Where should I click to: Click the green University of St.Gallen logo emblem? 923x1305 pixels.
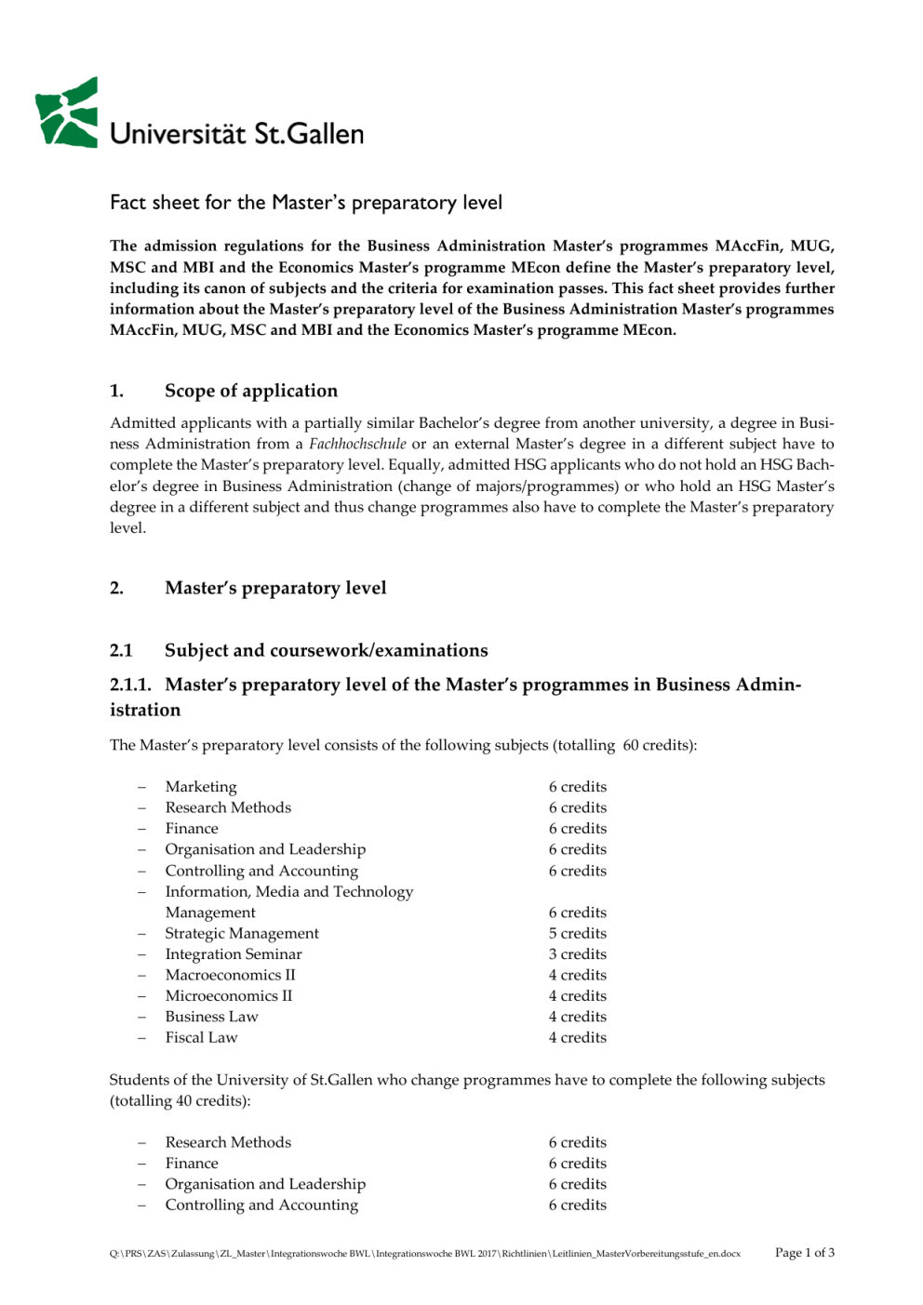(67, 113)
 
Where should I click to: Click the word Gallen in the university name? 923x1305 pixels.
(325, 134)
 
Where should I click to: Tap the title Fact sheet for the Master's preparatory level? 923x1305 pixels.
(305, 203)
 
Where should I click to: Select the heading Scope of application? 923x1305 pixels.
(250, 391)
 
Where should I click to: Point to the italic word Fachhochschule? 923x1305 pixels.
(357, 444)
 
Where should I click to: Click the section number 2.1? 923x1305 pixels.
(121, 650)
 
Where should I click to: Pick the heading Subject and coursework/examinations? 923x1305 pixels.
(326, 650)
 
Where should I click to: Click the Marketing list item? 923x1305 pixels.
(201, 787)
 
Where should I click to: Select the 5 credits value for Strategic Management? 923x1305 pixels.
(577, 933)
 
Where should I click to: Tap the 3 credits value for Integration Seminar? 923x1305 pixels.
(577, 954)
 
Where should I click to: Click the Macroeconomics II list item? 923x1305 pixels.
(230, 975)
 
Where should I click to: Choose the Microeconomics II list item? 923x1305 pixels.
(228, 995)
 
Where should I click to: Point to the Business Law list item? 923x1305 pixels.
(211, 1017)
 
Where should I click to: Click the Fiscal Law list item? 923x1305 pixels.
(201, 1037)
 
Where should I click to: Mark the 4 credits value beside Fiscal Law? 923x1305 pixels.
(577, 1037)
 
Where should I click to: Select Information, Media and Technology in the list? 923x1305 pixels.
(288, 891)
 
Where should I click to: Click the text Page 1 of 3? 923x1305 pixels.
(804, 1252)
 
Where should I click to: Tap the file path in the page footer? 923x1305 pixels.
(424, 1254)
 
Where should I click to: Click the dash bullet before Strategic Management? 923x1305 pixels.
(142, 933)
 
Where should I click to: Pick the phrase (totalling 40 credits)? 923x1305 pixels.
(181, 1100)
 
